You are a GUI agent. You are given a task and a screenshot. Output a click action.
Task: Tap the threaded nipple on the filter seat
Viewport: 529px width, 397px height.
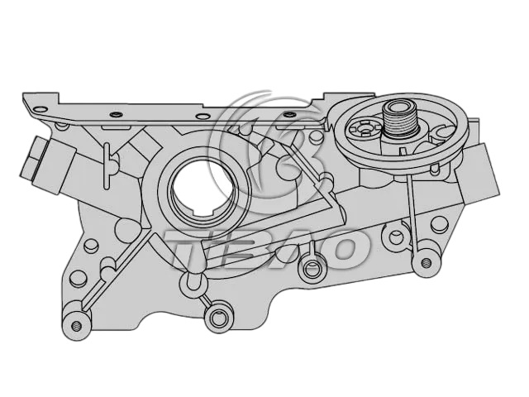tap(400, 119)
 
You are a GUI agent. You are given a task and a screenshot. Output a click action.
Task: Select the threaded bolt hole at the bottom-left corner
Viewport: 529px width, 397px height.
tap(77, 326)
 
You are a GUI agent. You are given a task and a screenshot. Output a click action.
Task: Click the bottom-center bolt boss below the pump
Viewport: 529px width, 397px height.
tap(218, 317)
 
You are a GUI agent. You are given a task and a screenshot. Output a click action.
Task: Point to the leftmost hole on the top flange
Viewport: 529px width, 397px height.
tap(41, 108)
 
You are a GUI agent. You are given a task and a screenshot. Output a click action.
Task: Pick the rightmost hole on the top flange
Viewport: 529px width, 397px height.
tap(288, 114)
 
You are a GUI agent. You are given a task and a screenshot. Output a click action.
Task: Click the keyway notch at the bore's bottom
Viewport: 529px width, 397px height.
tap(202, 213)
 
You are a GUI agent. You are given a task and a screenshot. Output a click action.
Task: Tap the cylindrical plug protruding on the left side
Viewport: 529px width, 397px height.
tap(46, 165)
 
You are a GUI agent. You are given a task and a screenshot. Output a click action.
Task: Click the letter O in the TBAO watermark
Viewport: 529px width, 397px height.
tap(338, 249)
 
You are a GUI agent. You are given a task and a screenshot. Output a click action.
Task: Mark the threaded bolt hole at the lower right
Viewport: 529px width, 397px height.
tap(427, 261)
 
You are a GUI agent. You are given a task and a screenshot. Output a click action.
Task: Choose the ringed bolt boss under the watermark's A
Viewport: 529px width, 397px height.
tap(310, 268)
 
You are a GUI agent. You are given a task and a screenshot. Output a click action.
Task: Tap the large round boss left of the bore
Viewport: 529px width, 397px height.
tap(127, 230)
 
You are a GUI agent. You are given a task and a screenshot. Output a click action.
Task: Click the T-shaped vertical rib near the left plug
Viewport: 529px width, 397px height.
tap(107, 165)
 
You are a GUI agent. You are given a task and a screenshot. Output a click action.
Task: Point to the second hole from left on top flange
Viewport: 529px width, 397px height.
tap(116, 114)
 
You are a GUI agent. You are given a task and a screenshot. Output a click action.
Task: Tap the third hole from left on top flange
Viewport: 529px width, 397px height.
tap(202, 117)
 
